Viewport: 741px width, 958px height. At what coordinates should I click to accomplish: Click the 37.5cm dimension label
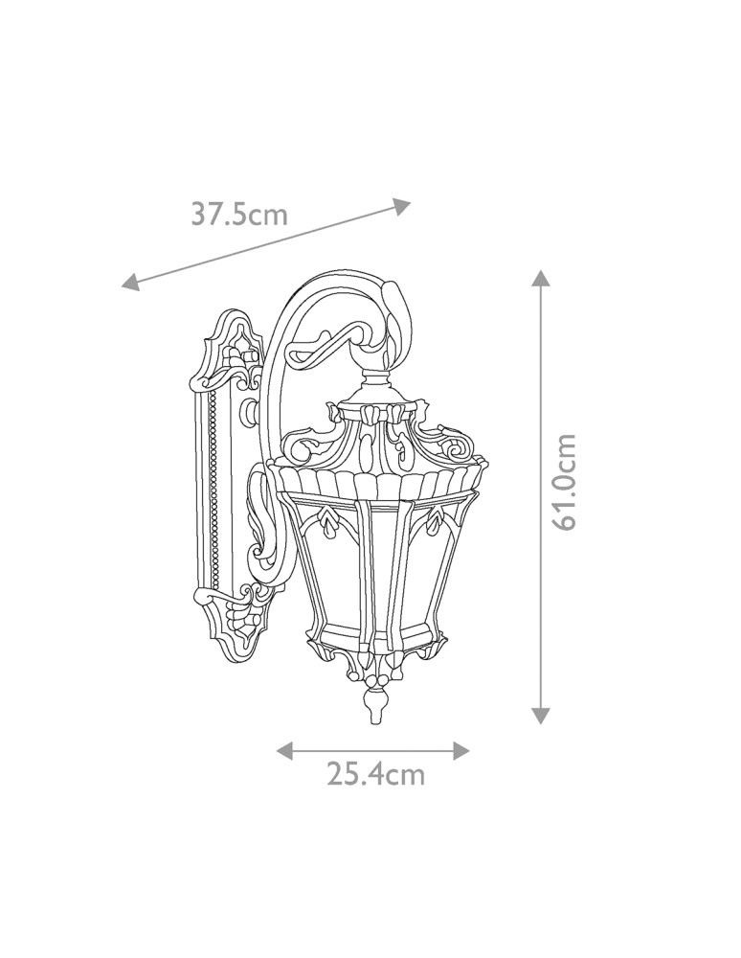click(x=238, y=213)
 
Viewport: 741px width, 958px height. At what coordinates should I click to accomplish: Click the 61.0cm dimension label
click(x=564, y=481)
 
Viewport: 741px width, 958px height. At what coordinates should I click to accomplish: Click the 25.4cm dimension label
click(x=375, y=774)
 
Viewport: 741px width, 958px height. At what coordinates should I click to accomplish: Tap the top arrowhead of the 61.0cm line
click(x=541, y=279)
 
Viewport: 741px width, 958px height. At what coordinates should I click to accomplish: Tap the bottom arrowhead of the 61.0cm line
click(x=541, y=715)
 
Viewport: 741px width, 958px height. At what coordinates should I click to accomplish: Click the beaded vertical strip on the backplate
click(x=213, y=489)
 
